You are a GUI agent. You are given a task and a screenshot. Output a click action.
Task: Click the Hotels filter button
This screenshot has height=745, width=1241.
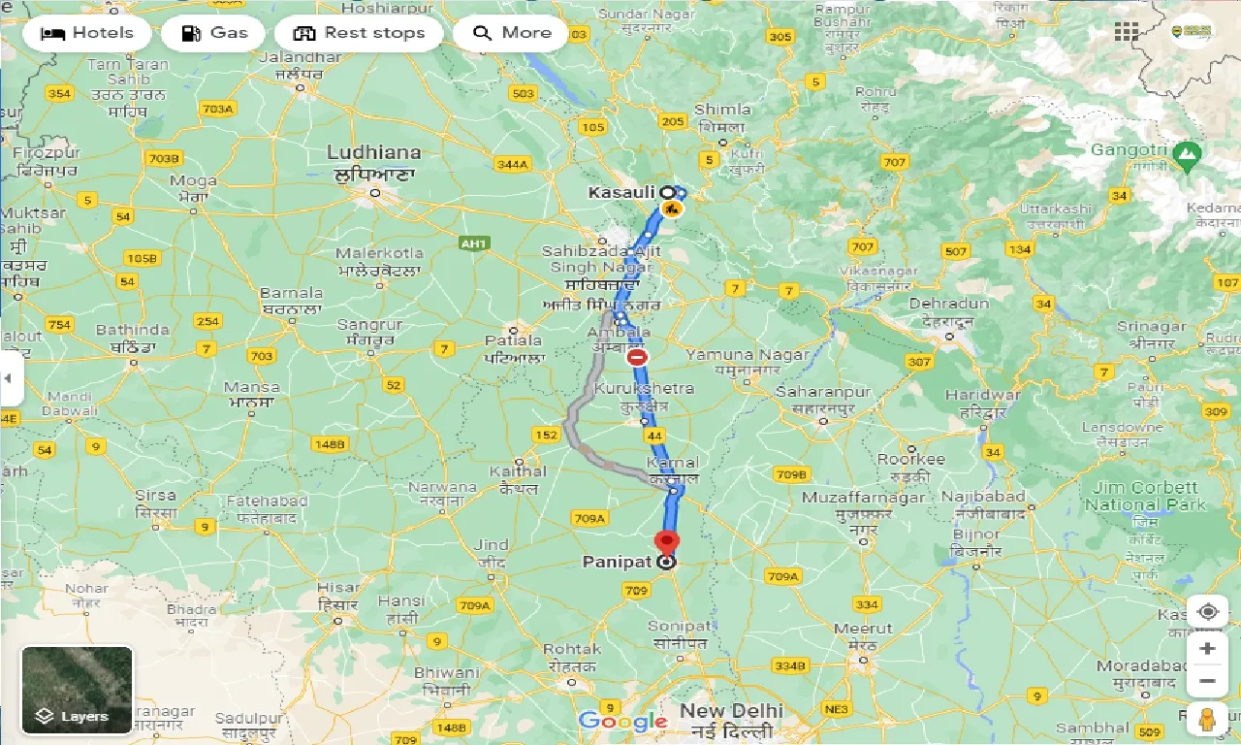point(87,33)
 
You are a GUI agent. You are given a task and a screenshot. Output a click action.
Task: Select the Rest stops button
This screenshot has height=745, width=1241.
point(359,33)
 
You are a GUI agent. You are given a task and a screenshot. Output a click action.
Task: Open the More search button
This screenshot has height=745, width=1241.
point(512,33)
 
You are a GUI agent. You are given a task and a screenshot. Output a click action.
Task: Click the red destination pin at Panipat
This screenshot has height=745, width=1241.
point(667,543)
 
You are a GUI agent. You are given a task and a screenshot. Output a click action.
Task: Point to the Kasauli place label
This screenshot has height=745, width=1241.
point(621,193)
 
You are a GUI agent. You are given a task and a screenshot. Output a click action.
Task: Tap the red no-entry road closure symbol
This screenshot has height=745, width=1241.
point(637,357)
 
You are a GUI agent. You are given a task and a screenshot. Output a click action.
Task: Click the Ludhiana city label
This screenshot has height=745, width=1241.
point(374,152)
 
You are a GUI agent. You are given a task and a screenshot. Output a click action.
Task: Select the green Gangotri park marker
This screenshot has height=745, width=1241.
point(1187,153)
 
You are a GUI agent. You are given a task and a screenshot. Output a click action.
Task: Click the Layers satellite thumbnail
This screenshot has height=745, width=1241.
point(77,690)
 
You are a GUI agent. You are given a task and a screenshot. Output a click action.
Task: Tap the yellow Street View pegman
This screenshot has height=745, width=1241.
point(1207,721)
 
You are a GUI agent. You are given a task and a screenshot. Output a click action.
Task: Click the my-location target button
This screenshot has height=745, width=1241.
point(1207,612)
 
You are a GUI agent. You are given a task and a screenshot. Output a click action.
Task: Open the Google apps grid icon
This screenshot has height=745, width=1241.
point(1126,31)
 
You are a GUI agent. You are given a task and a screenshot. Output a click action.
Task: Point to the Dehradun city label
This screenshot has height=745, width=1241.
point(949,304)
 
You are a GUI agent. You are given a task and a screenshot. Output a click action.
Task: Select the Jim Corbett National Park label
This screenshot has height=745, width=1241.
point(1146,496)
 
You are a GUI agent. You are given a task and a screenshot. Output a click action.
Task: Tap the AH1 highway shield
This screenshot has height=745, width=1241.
point(474,243)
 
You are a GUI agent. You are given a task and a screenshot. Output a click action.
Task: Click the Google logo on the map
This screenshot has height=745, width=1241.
point(622,721)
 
